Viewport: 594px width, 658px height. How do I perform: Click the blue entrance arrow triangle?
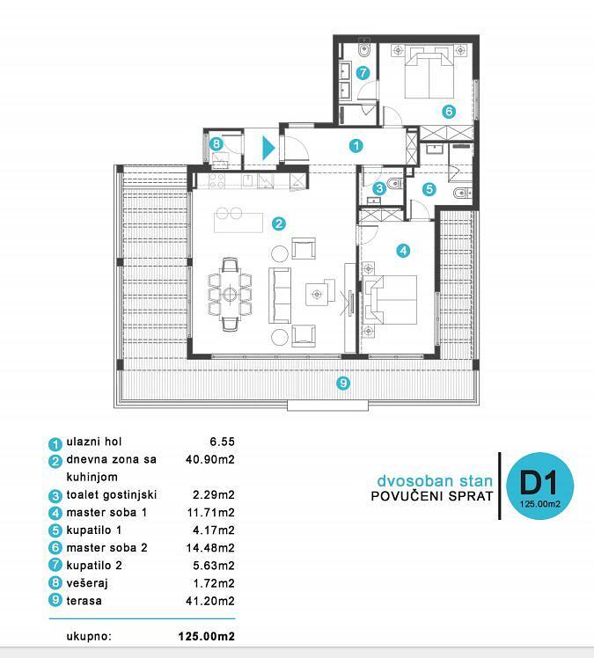tap(268, 148)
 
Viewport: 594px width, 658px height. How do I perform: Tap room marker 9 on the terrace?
tap(343, 383)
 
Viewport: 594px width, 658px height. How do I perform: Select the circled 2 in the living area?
tap(279, 223)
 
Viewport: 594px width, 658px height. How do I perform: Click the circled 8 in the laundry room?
tap(216, 144)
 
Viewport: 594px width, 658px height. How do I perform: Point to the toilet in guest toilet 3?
tap(394, 184)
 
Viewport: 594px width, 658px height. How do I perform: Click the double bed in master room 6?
tap(429, 73)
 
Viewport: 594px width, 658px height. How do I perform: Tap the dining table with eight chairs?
tap(230, 294)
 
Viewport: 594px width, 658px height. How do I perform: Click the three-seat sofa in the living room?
tap(280, 296)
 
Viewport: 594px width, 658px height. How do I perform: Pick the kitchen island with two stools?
tap(238, 220)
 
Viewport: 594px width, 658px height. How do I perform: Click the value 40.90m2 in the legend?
tap(210, 459)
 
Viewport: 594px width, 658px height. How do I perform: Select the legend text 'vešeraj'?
tap(87, 583)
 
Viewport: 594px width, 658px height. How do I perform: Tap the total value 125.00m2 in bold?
tap(207, 636)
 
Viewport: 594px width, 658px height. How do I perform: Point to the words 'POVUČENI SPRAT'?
tap(431, 496)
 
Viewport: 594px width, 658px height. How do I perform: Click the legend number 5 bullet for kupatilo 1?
tap(55, 530)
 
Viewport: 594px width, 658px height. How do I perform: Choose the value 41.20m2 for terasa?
tap(210, 601)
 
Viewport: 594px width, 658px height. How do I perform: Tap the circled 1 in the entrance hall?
tap(356, 146)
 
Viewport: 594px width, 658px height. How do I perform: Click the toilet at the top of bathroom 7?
tap(363, 49)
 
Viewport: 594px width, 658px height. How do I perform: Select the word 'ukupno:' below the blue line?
tap(89, 637)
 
